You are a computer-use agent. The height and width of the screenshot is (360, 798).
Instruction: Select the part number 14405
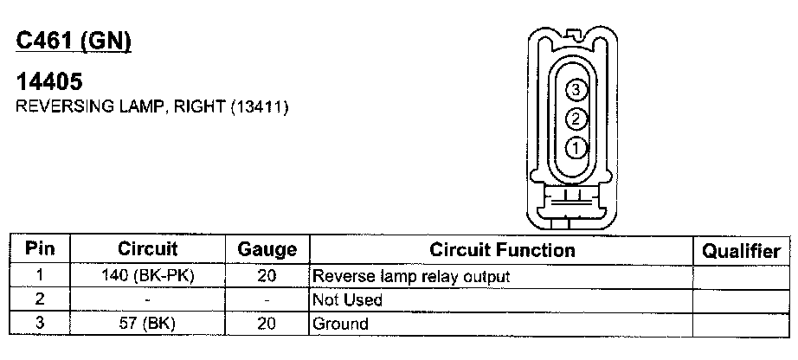click(49, 83)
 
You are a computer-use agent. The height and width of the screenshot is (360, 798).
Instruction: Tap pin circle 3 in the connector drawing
click(577, 89)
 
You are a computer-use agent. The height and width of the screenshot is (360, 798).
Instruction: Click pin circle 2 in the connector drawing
click(577, 119)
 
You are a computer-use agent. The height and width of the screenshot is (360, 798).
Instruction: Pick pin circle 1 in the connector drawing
click(577, 148)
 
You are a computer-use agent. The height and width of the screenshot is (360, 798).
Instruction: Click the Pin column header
click(40, 249)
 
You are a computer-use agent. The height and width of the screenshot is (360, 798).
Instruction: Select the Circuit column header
click(147, 249)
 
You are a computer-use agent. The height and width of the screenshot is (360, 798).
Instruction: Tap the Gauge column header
click(267, 250)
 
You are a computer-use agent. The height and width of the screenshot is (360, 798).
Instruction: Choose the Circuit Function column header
click(502, 250)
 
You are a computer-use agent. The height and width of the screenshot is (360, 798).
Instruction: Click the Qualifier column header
click(741, 250)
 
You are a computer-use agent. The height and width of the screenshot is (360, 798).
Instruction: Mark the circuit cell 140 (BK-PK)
click(147, 277)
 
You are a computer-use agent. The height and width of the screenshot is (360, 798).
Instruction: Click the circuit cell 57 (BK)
click(147, 325)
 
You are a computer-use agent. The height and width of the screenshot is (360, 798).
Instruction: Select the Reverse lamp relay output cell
click(411, 277)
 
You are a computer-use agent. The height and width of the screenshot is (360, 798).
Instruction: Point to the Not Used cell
click(348, 300)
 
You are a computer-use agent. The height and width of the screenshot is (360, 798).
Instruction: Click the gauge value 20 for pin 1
click(267, 277)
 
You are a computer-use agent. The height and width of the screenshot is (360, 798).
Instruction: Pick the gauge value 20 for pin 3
click(267, 325)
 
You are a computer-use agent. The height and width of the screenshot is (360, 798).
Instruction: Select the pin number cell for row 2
click(40, 300)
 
